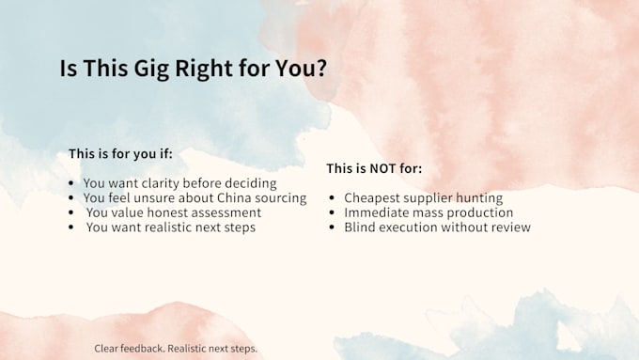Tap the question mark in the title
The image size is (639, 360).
coord(321,68)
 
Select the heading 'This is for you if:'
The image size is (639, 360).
coord(120,154)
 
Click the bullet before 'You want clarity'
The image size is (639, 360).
coord(71,183)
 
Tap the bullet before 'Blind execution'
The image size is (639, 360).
coord(332,227)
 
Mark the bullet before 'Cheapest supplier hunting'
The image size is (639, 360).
coord(332,198)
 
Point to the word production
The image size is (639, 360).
coord(476,212)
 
